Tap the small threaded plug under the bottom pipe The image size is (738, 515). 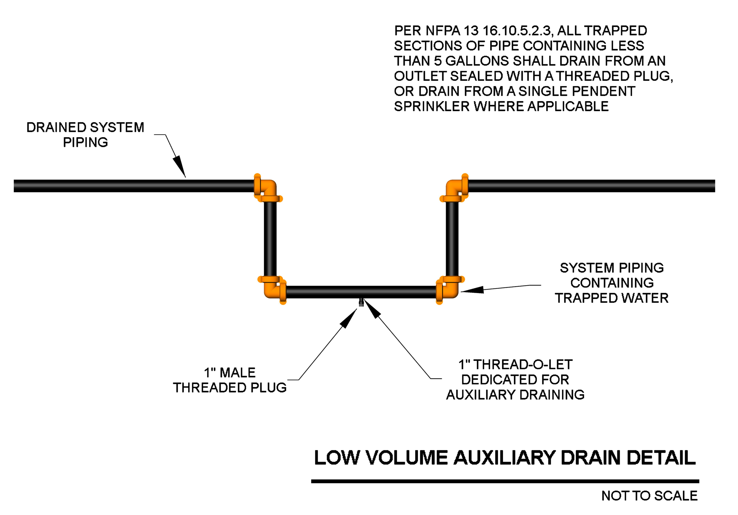[361, 302]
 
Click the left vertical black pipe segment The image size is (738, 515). [270, 239]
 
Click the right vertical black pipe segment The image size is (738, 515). [452, 239]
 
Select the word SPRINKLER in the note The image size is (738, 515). [432, 106]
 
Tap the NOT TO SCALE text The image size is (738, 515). [649, 496]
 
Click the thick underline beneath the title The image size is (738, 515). [505, 481]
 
